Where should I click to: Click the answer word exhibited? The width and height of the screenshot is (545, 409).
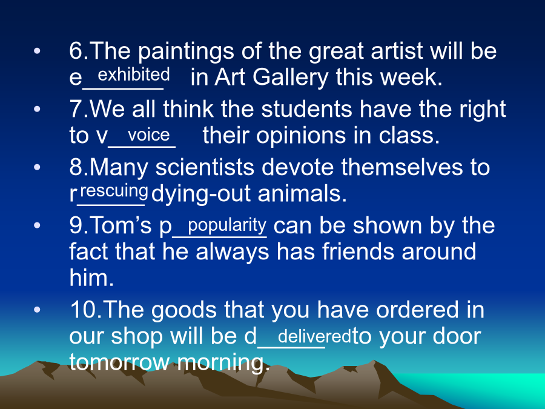pos(134,75)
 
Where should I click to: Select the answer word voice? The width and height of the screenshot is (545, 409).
pos(149,135)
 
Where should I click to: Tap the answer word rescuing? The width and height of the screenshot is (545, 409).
pos(114,191)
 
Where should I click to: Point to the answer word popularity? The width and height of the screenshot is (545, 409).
pos(227,225)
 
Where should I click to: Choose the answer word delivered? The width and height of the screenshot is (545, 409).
pos(314,336)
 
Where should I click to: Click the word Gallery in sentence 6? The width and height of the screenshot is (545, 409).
pos(290,78)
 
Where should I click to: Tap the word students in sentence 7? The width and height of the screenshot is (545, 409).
pos(306,109)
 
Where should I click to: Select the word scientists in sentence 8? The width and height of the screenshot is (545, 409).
pos(205,167)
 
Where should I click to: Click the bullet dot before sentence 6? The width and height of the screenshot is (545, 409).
pos(37,52)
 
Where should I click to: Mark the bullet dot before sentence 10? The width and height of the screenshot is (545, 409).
pos(37,310)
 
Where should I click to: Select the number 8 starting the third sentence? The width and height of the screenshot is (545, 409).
pos(76,167)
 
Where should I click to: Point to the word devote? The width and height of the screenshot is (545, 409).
pos(297,167)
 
